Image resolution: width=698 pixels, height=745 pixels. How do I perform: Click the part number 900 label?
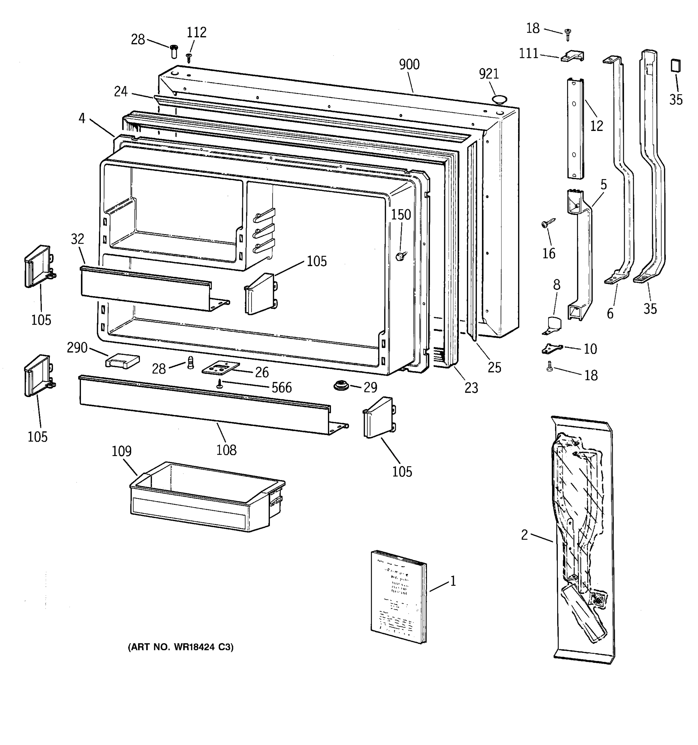(409, 65)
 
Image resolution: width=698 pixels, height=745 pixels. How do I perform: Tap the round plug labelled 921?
(499, 99)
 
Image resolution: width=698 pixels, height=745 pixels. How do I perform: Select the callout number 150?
(401, 215)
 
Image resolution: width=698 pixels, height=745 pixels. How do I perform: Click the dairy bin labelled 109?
(206, 497)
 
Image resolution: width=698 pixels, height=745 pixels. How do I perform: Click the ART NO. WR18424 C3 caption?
(181, 647)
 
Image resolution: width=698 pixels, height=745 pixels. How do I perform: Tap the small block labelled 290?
(122, 361)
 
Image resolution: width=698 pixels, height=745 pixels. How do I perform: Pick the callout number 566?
(281, 387)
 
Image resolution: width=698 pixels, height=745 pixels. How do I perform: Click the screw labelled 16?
(546, 224)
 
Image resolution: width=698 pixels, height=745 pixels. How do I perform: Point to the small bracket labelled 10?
(552, 349)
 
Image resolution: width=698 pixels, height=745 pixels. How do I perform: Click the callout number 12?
(597, 126)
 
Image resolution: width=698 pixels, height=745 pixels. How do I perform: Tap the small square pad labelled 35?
(676, 65)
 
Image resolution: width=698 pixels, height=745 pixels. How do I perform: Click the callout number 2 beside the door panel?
(524, 535)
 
